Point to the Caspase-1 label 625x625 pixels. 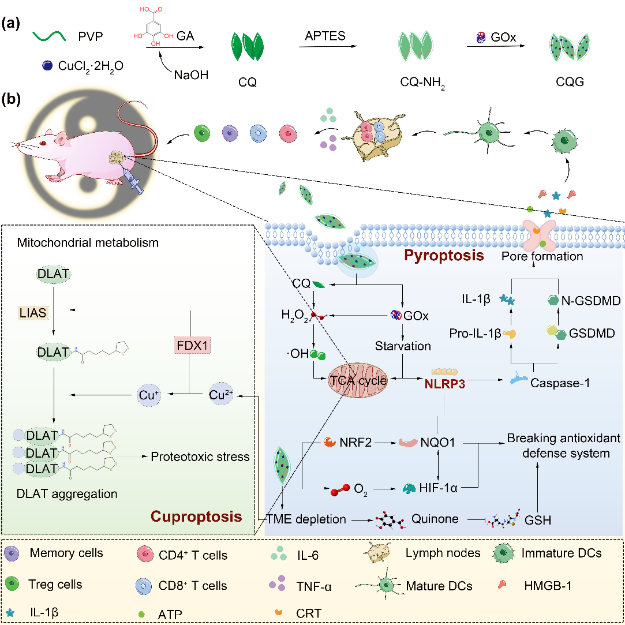(x=560, y=383)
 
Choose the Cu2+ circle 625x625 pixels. (x=222, y=395)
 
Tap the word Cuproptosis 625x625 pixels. (x=196, y=515)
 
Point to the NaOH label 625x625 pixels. (x=190, y=74)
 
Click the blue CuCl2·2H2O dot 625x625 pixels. (x=46, y=66)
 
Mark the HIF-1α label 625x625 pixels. (x=438, y=488)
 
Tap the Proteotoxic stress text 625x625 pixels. (x=200, y=457)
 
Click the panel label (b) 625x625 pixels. (x=12, y=99)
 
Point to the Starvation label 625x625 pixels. (x=403, y=346)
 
